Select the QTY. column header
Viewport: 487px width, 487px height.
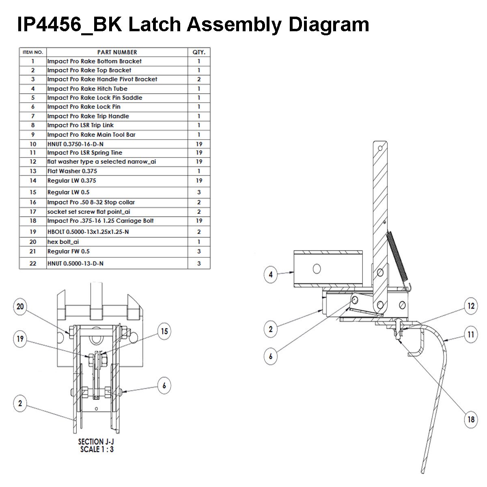click(199, 52)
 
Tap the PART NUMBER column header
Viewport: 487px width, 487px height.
click(117, 52)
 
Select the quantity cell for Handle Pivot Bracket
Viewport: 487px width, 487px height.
click(199, 79)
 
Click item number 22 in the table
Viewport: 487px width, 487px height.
click(33, 263)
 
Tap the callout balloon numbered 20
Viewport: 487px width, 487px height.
click(20, 307)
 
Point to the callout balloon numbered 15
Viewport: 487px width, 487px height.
click(164, 331)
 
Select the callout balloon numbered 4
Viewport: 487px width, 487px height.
click(271, 274)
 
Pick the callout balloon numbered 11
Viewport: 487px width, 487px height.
click(471, 335)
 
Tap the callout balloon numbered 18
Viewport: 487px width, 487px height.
click(471, 418)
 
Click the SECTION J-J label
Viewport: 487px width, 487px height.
click(96, 442)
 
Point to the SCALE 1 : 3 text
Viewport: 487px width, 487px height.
click(96, 449)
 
